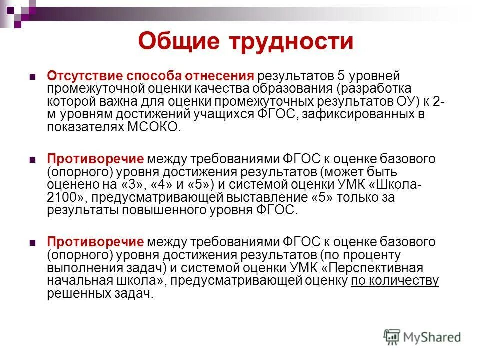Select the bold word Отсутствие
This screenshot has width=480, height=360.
click(x=85, y=76)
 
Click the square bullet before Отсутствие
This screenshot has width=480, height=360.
click(x=33, y=78)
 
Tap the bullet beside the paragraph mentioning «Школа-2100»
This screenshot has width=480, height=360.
click(x=33, y=160)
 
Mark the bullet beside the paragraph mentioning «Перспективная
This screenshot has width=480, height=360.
click(x=33, y=243)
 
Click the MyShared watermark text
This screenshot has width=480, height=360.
click(x=432, y=337)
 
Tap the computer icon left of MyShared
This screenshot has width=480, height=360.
click(x=392, y=336)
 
